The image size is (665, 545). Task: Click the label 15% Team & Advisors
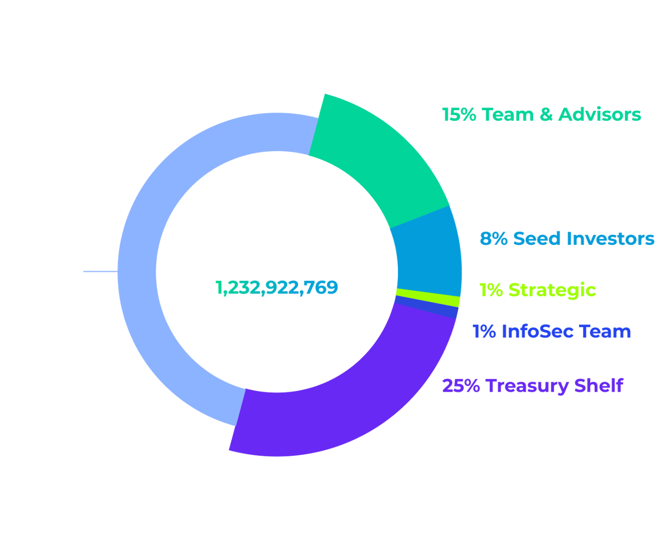click(x=541, y=115)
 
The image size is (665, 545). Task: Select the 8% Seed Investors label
click(x=566, y=239)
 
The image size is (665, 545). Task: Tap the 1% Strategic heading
click(x=537, y=290)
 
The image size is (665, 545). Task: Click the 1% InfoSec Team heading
click(x=551, y=332)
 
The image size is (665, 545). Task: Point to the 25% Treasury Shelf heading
click(x=533, y=384)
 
